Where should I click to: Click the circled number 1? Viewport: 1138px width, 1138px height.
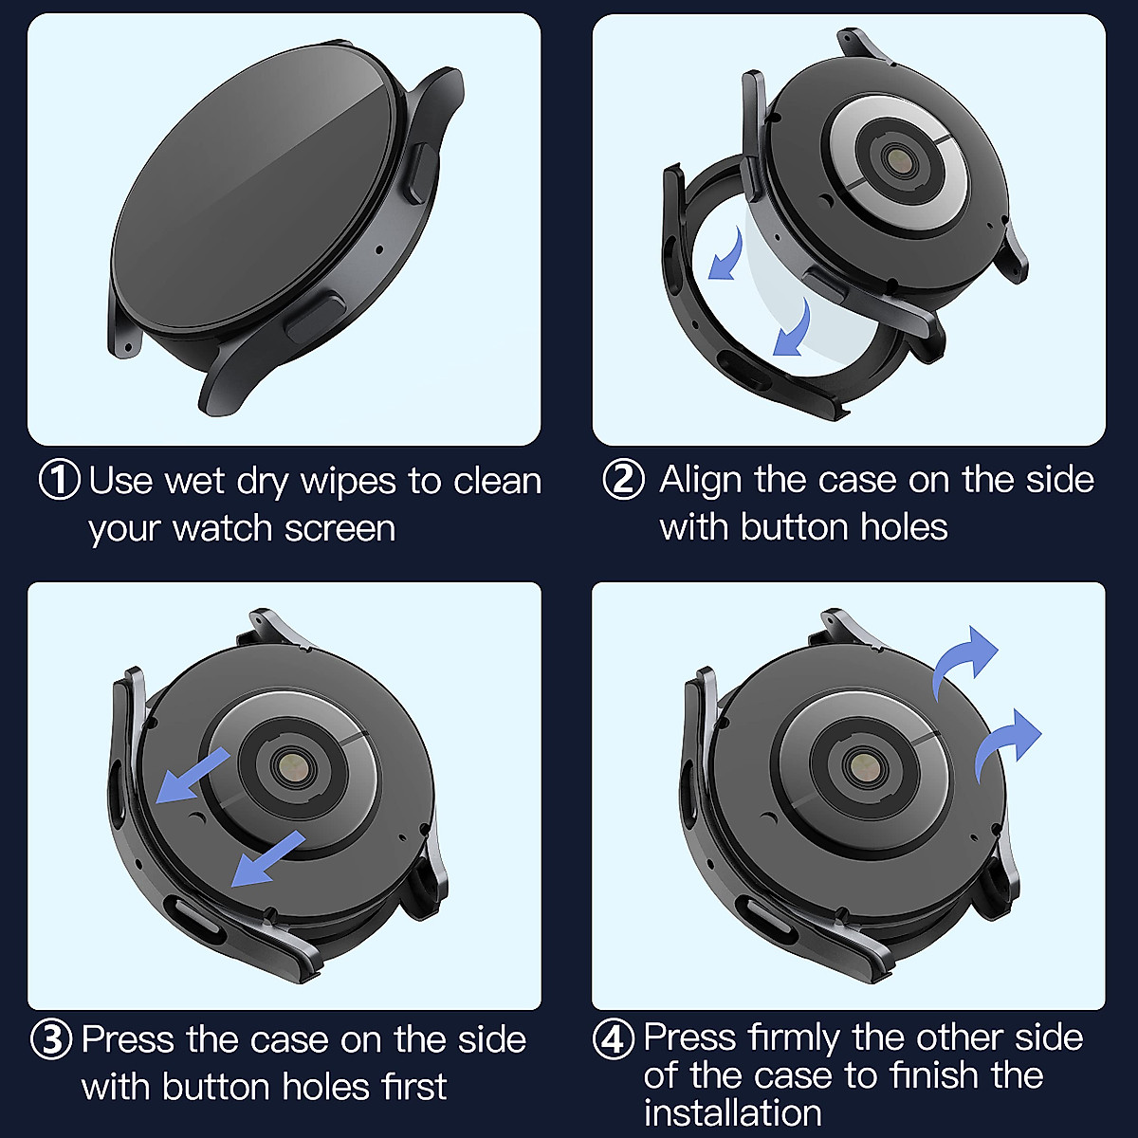[x=59, y=480]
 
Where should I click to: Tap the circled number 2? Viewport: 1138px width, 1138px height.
[x=623, y=479]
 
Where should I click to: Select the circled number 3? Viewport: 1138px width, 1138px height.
[x=51, y=1039]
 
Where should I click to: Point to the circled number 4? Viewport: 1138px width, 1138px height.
[x=614, y=1039]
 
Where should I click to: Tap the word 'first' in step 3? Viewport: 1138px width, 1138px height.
[x=414, y=1086]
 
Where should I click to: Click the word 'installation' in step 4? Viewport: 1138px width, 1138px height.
[x=732, y=1112]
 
